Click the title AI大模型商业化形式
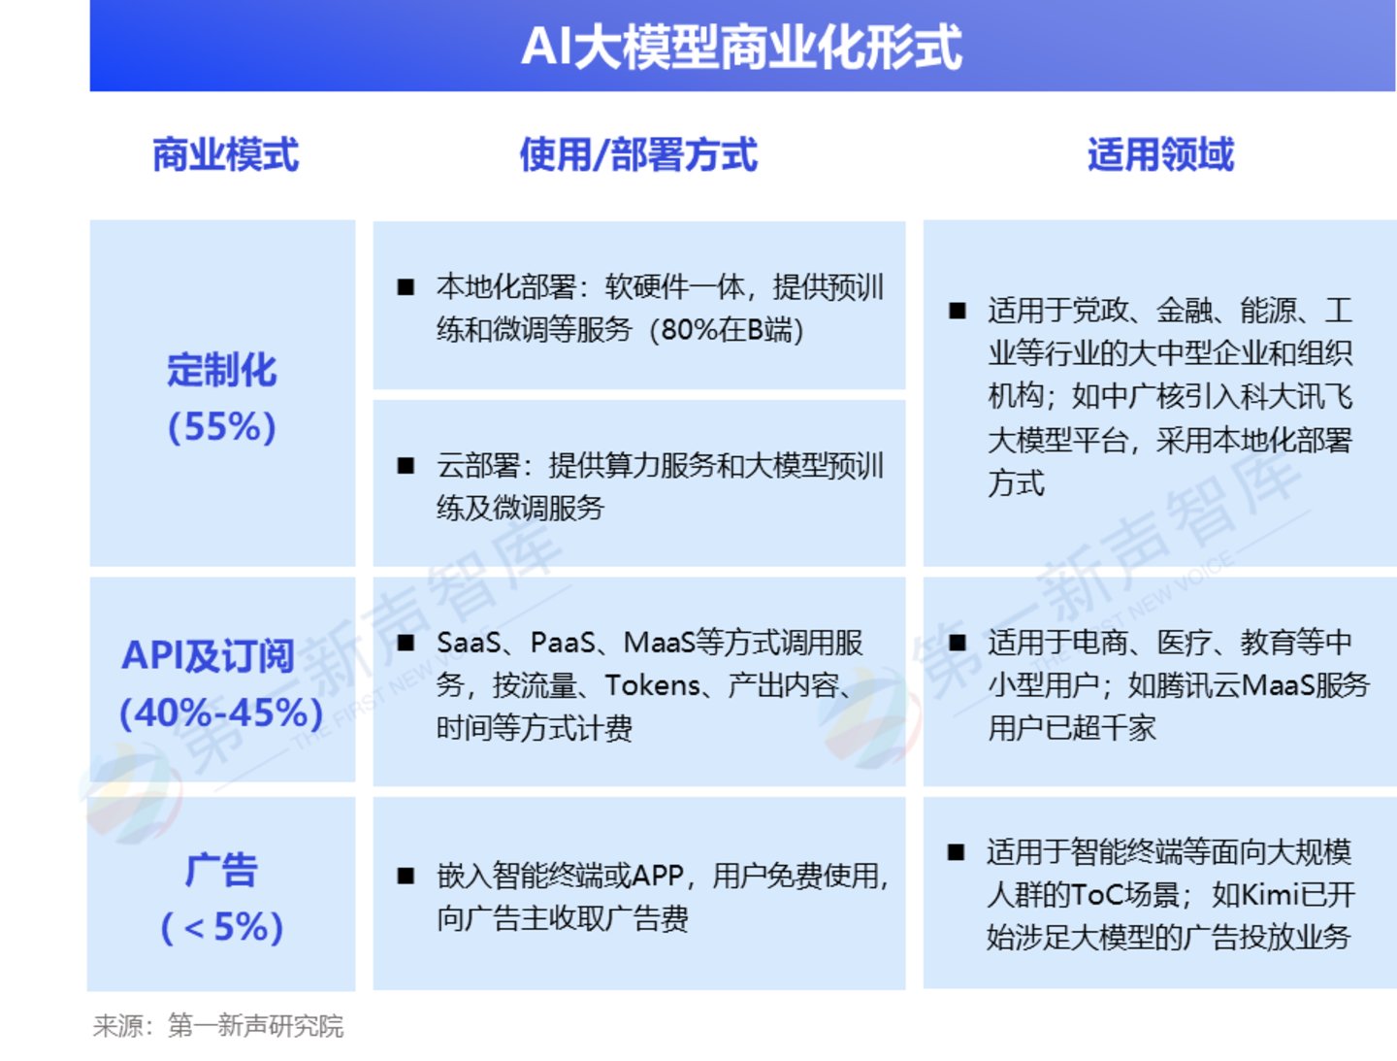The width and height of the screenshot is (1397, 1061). pyautogui.click(x=741, y=48)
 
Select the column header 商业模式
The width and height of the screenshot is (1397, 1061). pyautogui.click(x=225, y=154)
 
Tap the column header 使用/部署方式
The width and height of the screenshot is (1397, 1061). pyautogui.click(x=638, y=154)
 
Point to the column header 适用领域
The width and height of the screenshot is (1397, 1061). pyautogui.click(x=1160, y=154)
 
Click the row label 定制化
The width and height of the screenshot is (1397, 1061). pyautogui.click(x=221, y=370)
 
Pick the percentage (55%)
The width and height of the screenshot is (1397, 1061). pyautogui.click(x=221, y=427)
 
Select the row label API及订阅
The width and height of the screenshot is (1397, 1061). pyautogui.click(x=209, y=655)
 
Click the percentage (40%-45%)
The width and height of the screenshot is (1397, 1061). pyautogui.click(x=221, y=713)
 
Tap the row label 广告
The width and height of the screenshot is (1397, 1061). pyautogui.click(x=221, y=871)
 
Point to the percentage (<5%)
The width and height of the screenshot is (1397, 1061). pyautogui.click(x=221, y=927)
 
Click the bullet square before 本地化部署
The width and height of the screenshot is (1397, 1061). pyautogui.click(x=406, y=287)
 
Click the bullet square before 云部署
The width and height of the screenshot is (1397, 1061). pyautogui.click(x=406, y=466)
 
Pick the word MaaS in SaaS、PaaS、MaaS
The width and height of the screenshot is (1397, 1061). pyautogui.click(x=660, y=643)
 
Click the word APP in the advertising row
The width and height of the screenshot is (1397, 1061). pyautogui.click(x=658, y=876)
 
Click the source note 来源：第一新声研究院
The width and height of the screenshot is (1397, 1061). pyautogui.click(x=217, y=1026)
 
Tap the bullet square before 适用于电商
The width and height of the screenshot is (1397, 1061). pyautogui.click(x=958, y=643)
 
